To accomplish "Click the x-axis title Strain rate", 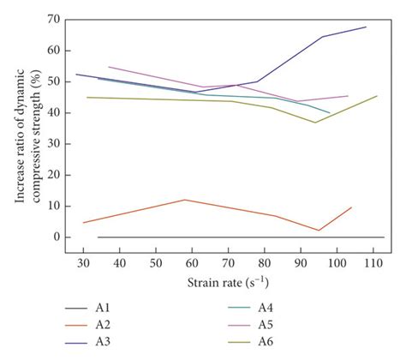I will click(227, 281).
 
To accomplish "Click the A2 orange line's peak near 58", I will click(184, 200).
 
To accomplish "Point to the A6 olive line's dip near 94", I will click(315, 122).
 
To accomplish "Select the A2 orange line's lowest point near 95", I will click(319, 231).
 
